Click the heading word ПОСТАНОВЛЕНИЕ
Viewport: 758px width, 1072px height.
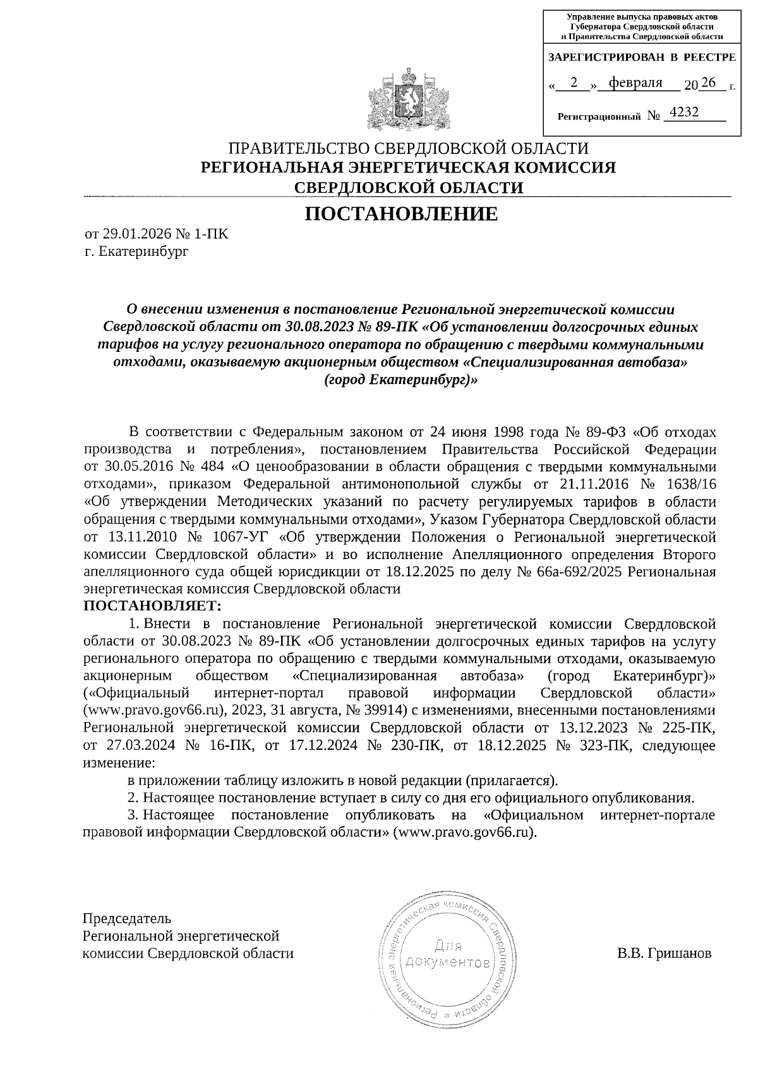coord(401,214)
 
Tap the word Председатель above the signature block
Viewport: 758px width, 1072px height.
coord(127,917)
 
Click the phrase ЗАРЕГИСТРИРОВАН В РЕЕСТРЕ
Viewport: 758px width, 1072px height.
coord(642,57)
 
